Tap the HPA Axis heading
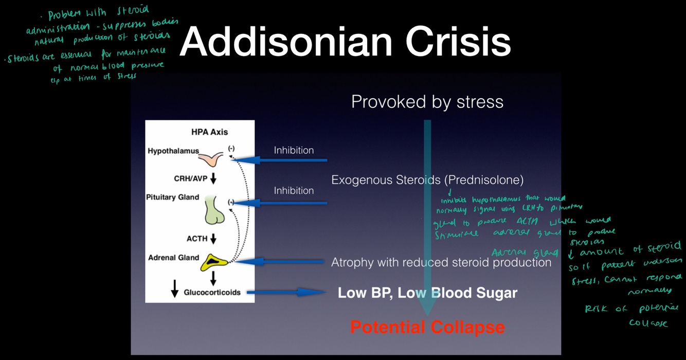tap(209, 132)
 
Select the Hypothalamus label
tap(173, 151)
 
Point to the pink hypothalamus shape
tap(212, 159)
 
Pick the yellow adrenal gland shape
tap(214, 263)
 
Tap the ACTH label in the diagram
tap(197, 239)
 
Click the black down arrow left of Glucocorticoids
tap(175, 289)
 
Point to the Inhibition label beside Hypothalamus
tap(294, 150)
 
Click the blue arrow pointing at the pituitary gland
tap(280, 203)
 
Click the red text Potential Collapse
tap(427, 327)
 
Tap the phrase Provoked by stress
tap(427, 101)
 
